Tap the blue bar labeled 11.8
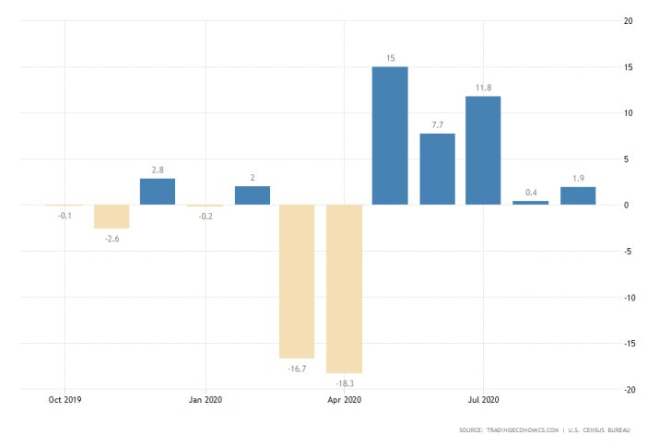484,150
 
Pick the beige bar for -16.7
297,281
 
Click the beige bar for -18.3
344,288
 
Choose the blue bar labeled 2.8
158,192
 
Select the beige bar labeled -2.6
112,217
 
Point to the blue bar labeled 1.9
578,195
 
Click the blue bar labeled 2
252,195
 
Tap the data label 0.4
531,192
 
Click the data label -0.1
65,215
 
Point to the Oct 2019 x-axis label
65,400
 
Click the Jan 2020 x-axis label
205,400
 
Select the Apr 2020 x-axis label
344,400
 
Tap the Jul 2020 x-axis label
484,400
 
